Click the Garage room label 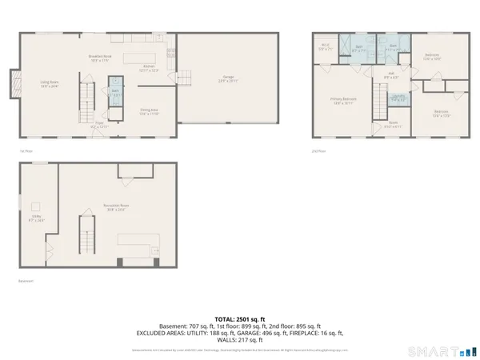coord(228,78)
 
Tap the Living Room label coord(50,83)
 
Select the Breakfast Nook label coord(99,58)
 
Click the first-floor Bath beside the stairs coord(114,93)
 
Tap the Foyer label coord(99,125)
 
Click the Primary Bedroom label coord(344,101)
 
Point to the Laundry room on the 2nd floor coord(398,98)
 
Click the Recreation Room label coord(118,206)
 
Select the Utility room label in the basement coord(36,218)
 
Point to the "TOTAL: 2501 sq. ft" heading coord(240,318)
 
